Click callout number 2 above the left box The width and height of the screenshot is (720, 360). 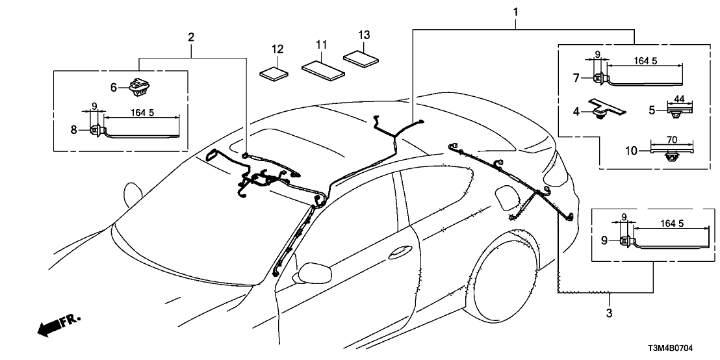[191, 36]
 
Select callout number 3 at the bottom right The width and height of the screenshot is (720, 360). [610, 313]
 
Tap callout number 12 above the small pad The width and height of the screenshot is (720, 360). [278, 49]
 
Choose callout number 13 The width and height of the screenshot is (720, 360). [364, 34]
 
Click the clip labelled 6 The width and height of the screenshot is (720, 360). [138, 85]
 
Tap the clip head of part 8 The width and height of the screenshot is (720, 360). [96, 129]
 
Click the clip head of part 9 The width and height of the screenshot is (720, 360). [626, 241]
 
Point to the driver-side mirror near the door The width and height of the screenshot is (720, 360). [311, 273]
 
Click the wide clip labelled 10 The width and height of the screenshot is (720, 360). [672, 153]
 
